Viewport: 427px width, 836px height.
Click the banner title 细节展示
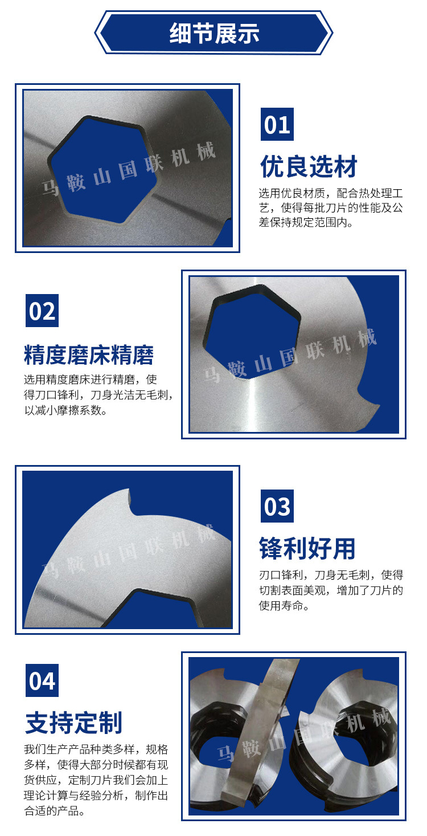point(214,33)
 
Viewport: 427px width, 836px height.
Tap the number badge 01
point(277,124)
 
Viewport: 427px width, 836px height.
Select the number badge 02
point(42,311)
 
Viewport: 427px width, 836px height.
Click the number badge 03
point(277,506)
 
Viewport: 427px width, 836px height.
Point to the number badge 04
point(42,680)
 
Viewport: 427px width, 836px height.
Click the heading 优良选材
point(309,166)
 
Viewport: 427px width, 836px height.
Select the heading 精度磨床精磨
point(89,354)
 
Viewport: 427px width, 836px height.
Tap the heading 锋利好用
point(307,548)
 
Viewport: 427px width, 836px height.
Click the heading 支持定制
point(73,723)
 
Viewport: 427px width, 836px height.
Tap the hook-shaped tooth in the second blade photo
point(367,401)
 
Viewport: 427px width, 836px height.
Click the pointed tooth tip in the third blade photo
point(129,490)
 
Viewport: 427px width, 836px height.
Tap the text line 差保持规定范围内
point(306,223)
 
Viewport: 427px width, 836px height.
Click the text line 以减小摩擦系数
point(66,410)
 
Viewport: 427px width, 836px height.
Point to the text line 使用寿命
point(284,605)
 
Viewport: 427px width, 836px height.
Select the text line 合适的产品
point(55,811)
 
